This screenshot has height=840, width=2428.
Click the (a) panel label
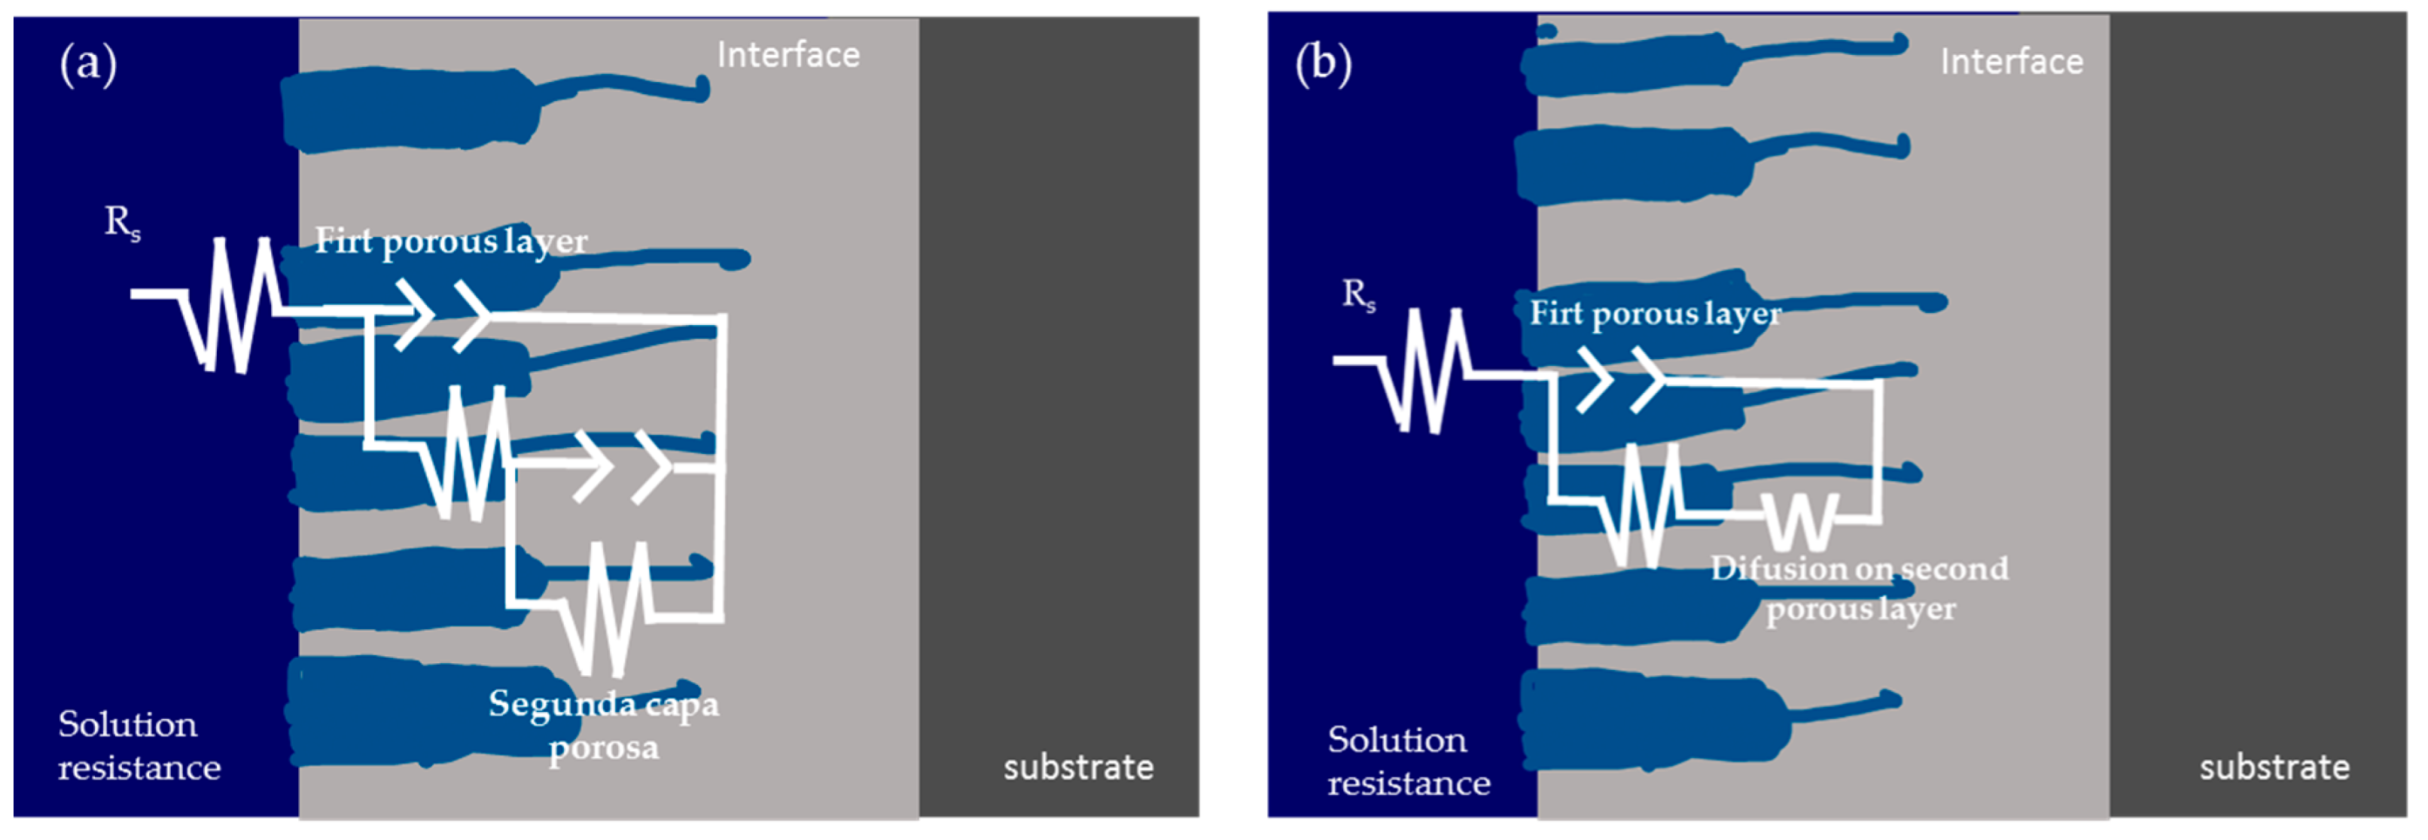point(89,65)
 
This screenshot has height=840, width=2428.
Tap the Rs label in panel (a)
point(123,224)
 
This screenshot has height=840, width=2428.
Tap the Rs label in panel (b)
point(1358,294)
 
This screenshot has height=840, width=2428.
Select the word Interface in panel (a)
point(788,56)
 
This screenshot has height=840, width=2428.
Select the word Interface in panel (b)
point(2012,62)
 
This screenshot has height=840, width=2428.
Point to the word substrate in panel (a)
point(1078,768)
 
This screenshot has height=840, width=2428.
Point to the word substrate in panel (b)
point(2274,768)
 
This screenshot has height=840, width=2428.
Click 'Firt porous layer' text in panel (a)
point(450,242)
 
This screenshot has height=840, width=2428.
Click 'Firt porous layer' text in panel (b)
point(1655,314)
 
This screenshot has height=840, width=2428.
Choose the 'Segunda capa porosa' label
point(603,725)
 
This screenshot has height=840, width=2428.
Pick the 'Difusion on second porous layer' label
point(1860,589)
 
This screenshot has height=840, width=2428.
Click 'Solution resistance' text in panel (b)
point(1408,761)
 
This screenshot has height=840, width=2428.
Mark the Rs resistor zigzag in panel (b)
point(1425,370)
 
